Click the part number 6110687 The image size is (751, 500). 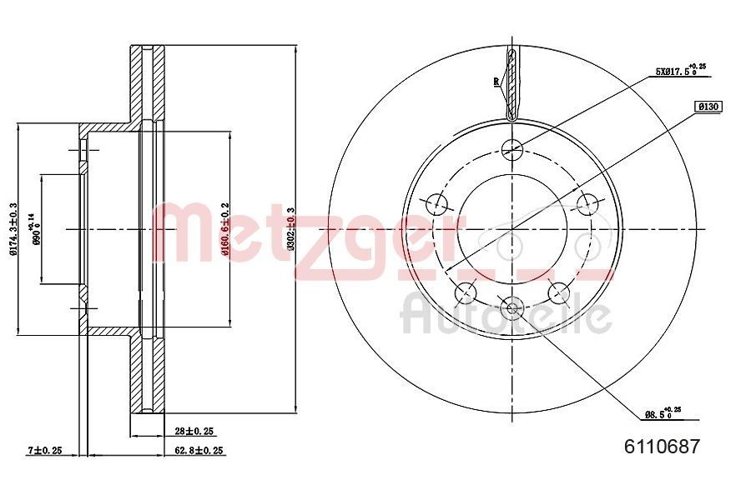pyautogui.click(x=662, y=446)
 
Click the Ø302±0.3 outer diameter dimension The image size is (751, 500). pyautogui.click(x=290, y=229)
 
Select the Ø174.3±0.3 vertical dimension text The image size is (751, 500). pyautogui.click(x=13, y=229)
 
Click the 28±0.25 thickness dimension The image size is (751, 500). pyautogui.click(x=194, y=431)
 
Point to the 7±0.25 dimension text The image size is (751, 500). pyautogui.click(x=45, y=450)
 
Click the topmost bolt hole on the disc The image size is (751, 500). pyautogui.click(x=512, y=149)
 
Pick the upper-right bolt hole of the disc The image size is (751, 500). pyautogui.click(x=590, y=202)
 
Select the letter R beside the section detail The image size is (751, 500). pyautogui.click(x=496, y=81)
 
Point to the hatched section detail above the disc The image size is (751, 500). pyautogui.click(x=512, y=83)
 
